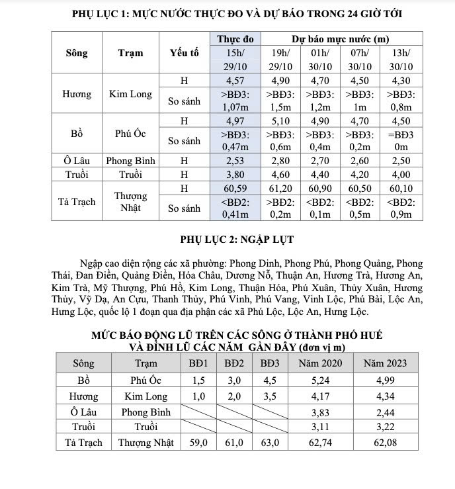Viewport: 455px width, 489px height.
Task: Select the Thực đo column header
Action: tap(235, 40)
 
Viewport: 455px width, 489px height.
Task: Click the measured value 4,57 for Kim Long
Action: tap(235, 81)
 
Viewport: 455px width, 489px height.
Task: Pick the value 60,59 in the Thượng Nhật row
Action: tap(235, 189)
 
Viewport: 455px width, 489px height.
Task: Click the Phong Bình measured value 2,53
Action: tap(235, 160)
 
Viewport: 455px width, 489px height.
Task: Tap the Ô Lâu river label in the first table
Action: tap(77, 160)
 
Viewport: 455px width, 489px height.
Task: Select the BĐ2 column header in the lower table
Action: tap(234, 363)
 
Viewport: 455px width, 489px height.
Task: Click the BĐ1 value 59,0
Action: tap(198, 443)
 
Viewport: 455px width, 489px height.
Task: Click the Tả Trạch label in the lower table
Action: tap(83, 443)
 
